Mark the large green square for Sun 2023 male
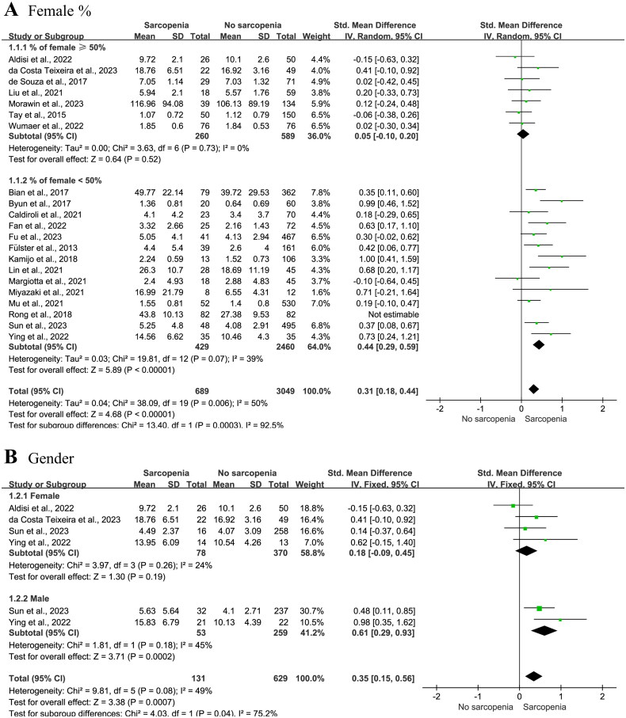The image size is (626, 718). (539, 609)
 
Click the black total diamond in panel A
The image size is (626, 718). (533, 388)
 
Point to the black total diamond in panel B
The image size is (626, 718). (533, 675)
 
